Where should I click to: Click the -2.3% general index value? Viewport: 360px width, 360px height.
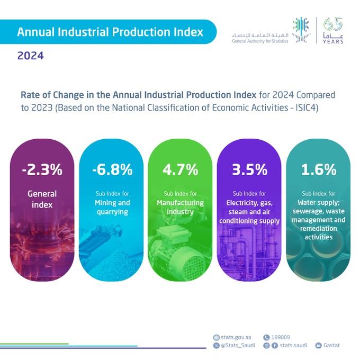(42, 170)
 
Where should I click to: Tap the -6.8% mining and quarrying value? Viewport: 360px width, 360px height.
(112, 170)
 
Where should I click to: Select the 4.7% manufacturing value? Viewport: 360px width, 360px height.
(181, 170)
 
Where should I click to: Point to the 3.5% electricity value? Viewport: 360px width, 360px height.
(249, 170)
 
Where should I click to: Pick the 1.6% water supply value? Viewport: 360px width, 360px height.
(318, 170)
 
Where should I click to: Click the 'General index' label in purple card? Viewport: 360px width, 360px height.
(42, 200)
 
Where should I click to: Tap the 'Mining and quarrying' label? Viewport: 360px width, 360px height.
(112, 208)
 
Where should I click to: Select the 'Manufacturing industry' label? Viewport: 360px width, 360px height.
(181, 208)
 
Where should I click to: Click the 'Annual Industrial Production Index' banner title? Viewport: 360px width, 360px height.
(110, 32)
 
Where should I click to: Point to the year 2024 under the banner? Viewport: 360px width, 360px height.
(31, 55)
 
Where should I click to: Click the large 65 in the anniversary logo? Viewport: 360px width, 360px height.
(332, 24)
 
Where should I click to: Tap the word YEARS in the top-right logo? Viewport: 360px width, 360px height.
(332, 41)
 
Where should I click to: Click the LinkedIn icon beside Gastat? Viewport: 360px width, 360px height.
(319, 346)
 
